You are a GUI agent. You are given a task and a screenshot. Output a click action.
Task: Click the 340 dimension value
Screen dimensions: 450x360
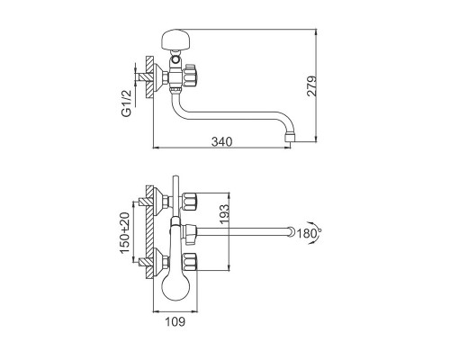click(221, 141)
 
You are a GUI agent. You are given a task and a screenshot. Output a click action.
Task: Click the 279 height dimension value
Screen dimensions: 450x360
click(311, 85)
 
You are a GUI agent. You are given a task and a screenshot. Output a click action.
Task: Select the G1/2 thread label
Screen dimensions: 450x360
click(126, 103)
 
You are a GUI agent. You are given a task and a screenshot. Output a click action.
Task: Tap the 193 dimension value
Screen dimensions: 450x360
click(224, 214)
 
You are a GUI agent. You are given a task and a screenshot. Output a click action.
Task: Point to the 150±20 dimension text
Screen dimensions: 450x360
click(125, 233)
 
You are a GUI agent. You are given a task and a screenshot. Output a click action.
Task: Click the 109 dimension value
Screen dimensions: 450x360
click(175, 321)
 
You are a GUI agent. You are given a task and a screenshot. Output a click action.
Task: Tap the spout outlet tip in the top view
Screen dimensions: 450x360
click(289, 138)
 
